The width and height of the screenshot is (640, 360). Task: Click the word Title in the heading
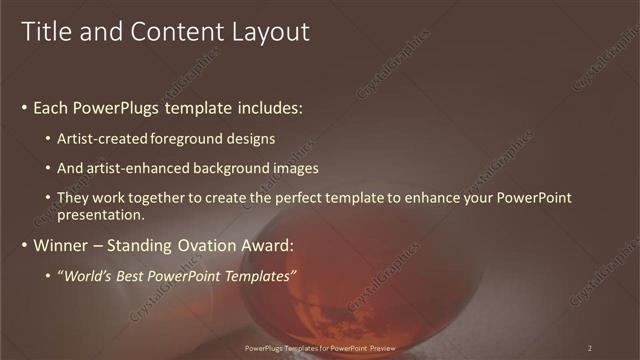46,32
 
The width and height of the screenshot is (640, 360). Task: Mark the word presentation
101,214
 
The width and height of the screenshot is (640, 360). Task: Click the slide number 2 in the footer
590,348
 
